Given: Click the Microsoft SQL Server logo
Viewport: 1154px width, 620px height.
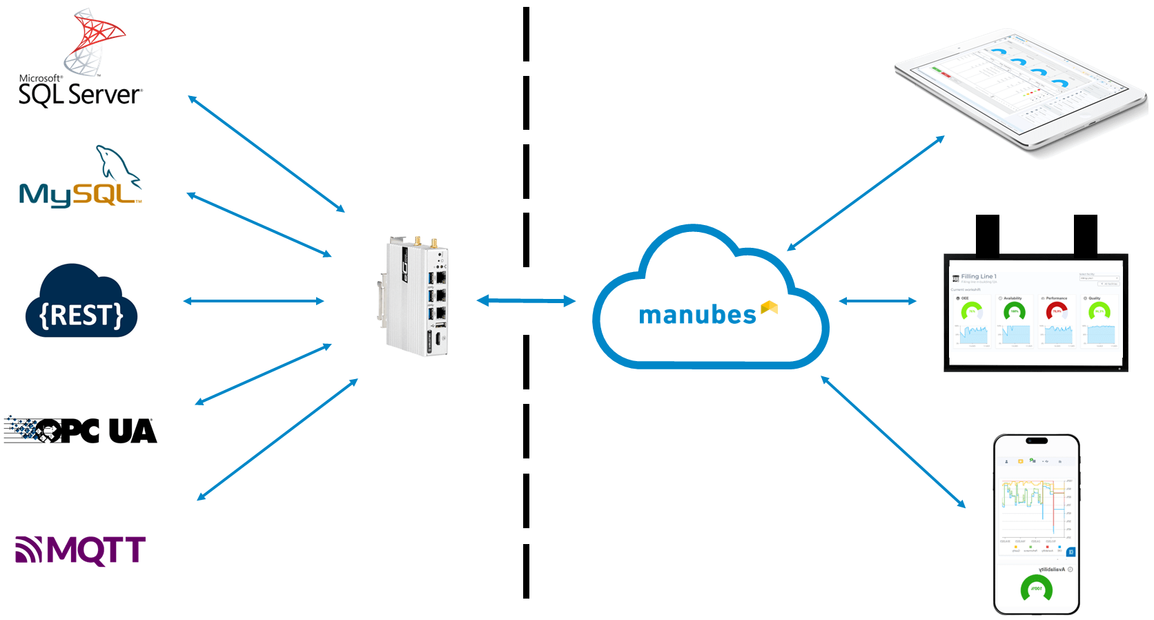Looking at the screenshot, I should coord(79,62).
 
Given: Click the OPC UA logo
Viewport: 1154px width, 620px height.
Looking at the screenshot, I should coord(81,430).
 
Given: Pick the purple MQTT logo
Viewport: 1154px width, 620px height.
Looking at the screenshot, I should coord(81,550).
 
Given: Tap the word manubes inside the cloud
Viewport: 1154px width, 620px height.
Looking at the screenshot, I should coord(697,315).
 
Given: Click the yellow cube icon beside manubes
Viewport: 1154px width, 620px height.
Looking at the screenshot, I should coord(770,308).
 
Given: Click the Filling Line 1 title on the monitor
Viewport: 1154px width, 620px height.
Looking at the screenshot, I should coord(979,276).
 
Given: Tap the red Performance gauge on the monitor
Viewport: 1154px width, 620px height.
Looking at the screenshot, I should coord(1057,311).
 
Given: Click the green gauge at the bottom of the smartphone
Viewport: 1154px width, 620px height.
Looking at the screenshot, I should coord(1036,589).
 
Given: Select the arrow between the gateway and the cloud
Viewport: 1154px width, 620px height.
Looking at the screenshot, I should coord(526,300).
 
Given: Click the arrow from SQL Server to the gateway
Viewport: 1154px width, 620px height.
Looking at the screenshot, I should coord(266,154).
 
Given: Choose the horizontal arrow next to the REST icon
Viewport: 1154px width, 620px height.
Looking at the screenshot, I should coord(253,301).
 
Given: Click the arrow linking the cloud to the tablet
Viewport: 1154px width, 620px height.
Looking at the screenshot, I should coord(865,193).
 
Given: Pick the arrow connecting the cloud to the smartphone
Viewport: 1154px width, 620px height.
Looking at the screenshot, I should coord(893,442).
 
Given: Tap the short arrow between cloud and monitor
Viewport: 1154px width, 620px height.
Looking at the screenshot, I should coord(877,301).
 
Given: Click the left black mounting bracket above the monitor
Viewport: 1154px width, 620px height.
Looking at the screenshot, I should coord(988,234).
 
